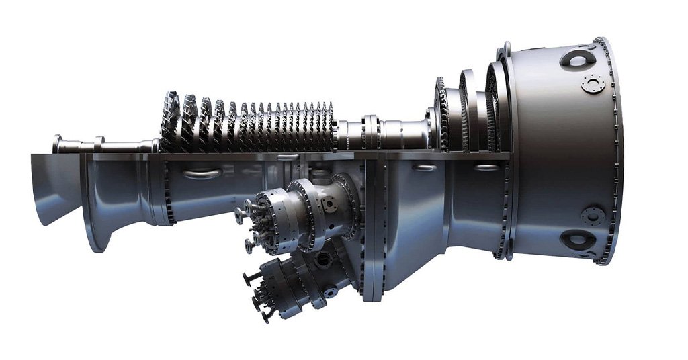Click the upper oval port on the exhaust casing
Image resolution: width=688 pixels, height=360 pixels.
tap(577, 59)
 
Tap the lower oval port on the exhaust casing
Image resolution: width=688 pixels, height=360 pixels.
tap(576, 238)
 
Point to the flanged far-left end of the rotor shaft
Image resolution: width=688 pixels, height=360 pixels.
tap(58, 144)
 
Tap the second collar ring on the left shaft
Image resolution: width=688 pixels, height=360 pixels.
tap(99, 143)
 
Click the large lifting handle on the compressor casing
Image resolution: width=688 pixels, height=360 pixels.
tap(201, 173)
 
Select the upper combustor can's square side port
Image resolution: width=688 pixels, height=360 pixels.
tap(331, 201)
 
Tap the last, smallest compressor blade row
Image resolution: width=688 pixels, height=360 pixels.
tap(329, 126)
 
